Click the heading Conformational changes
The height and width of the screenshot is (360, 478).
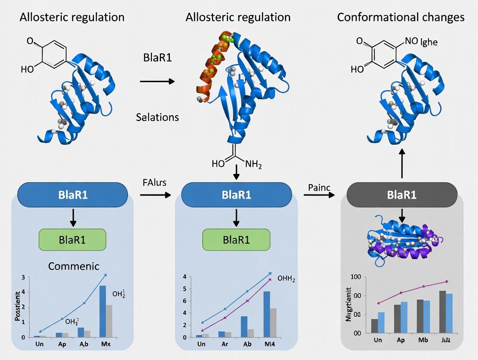(x=400, y=17)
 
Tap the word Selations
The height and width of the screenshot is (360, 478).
(x=158, y=117)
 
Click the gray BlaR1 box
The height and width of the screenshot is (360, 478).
(x=402, y=195)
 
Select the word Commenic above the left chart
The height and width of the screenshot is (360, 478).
(x=74, y=266)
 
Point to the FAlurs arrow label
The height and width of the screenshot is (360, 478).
(x=155, y=183)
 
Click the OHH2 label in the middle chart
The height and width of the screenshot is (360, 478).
(x=286, y=280)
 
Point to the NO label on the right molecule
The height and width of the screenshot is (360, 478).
(x=411, y=42)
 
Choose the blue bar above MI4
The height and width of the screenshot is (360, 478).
(x=267, y=314)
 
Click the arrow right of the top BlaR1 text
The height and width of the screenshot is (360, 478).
(x=157, y=81)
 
